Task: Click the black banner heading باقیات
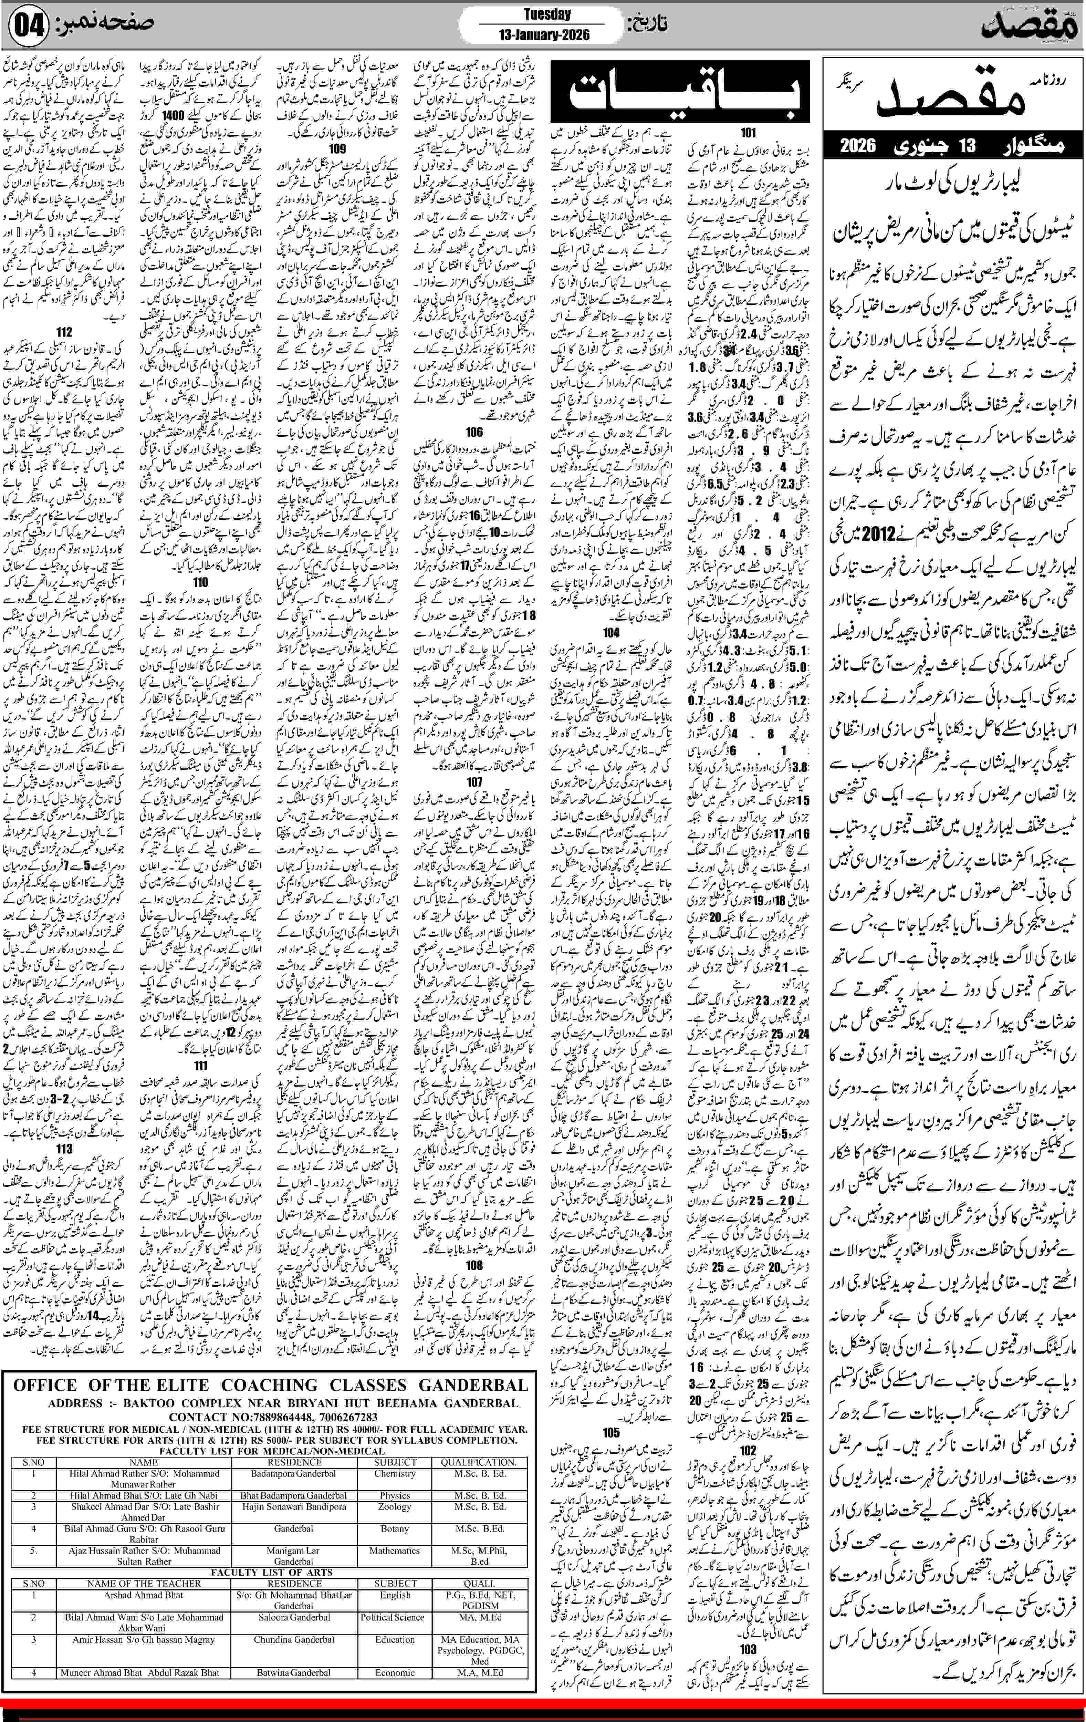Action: point(680,93)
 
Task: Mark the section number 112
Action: point(64,333)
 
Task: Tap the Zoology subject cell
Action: point(395,1506)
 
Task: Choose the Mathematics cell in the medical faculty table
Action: point(395,1551)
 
